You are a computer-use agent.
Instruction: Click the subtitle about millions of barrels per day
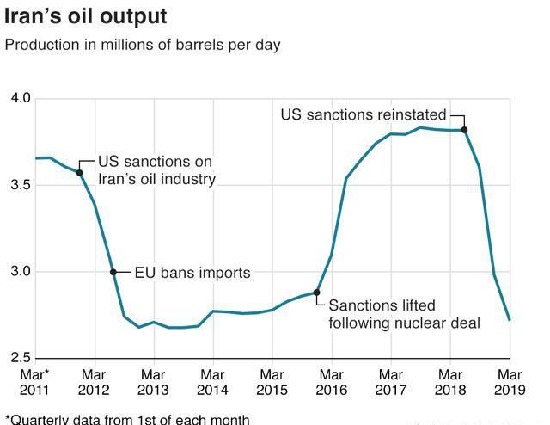[x=143, y=45]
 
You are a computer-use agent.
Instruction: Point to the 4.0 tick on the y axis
[x=20, y=99]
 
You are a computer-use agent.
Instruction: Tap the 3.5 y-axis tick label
[x=20, y=186]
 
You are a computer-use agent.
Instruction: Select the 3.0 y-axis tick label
[x=20, y=272]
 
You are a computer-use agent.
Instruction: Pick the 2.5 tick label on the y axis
[x=20, y=358]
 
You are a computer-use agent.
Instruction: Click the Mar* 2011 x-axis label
[x=35, y=383]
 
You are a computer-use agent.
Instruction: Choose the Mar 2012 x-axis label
[x=94, y=383]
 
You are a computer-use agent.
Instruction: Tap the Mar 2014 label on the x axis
[x=212, y=383]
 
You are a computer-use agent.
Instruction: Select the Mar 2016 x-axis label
[x=331, y=383]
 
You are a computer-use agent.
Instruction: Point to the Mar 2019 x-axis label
[x=510, y=383]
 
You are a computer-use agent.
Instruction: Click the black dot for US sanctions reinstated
[x=464, y=130]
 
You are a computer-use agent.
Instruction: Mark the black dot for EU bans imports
[x=113, y=272]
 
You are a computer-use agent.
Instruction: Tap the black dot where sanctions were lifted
[x=316, y=293]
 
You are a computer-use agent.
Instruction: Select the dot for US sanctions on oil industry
[x=79, y=173]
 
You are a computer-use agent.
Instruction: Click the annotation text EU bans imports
[x=192, y=273]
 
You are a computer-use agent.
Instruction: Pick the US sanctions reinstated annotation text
[x=364, y=114]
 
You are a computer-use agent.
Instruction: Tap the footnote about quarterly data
[x=128, y=419]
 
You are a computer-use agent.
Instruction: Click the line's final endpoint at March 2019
[x=510, y=320]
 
